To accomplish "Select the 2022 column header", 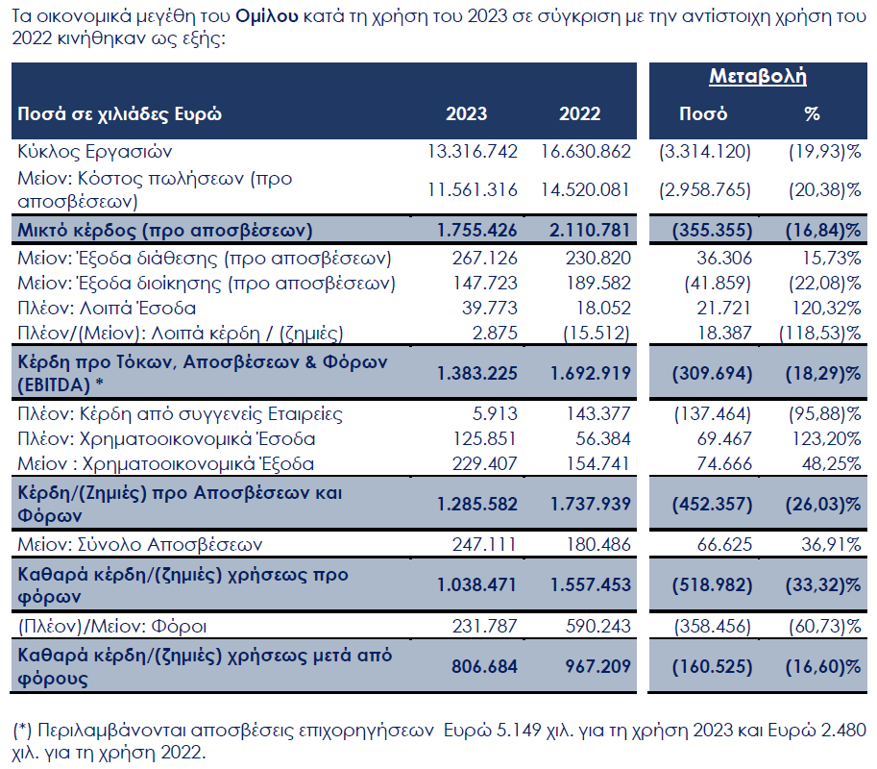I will [x=579, y=113].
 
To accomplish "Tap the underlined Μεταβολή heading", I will [x=757, y=77].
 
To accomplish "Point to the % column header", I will [x=812, y=113].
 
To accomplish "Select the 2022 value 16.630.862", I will [x=585, y=152].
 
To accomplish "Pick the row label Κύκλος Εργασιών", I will [x=95, y=152].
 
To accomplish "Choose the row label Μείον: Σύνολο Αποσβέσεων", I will [x=140, y=545].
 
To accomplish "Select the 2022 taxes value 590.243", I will [x=596, y=628].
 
